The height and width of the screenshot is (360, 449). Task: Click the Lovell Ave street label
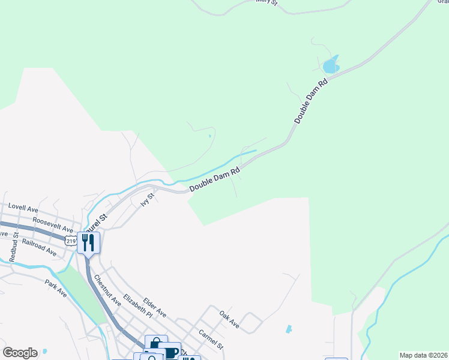point(23,208)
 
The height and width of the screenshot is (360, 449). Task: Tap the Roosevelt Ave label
point(53,225)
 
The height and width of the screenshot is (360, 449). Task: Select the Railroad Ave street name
point(38,247)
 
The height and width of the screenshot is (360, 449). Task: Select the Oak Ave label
point(229,320)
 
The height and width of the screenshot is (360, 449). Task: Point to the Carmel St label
point(211,339)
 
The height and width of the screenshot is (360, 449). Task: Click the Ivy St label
point(148,199)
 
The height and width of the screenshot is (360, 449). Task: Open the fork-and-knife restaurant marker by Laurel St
point(88,242)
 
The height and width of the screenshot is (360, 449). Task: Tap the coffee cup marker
point(172,352)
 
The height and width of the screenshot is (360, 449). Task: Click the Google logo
point(20,353)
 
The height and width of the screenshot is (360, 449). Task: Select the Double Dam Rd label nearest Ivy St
point(215,179)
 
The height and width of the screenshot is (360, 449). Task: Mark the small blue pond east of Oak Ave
point(289,329)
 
